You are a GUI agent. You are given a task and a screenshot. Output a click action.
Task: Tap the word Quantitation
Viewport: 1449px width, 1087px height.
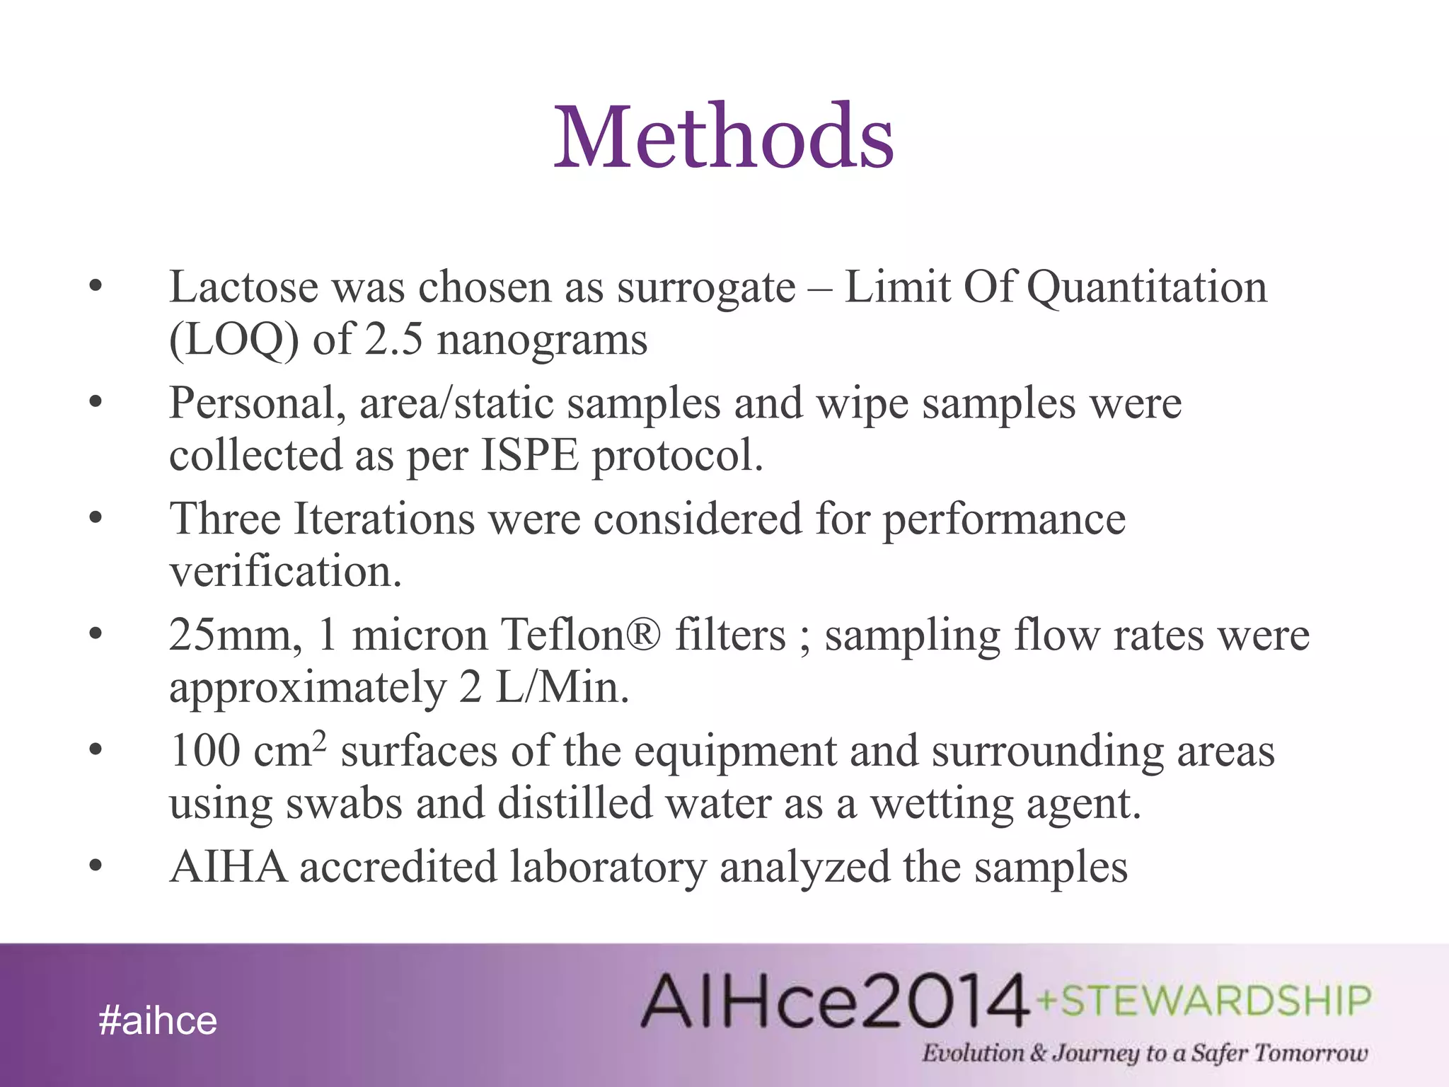click(x=1146, y=287)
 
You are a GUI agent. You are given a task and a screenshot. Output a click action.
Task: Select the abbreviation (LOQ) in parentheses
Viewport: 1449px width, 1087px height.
click(x=233, y=340)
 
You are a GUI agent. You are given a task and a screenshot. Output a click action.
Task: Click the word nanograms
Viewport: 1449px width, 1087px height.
click(x=542, y=340)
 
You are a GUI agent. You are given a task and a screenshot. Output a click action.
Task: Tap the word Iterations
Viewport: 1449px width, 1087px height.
click(x=383, y=519)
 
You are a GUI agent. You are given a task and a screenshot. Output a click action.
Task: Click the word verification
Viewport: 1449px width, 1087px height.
click(x=285, y=571)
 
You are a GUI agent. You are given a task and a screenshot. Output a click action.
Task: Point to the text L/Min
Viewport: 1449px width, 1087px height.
click(x=562, y=687)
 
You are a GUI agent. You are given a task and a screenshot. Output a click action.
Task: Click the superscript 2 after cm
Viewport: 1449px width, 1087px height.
click(x=320, y=740)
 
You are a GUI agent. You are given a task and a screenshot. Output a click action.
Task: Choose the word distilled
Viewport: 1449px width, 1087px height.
click(x=575, y=804)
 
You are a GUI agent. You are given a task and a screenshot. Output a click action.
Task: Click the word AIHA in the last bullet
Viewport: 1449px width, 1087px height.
click(x=229, y=867)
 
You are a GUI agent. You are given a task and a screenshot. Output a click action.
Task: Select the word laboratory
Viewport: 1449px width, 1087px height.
click(x=608, y=867)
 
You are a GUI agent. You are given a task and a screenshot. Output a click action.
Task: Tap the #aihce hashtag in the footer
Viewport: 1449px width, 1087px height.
click(x=158, y=1021)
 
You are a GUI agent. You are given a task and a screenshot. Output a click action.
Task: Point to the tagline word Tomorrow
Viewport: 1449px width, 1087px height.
click(x=1310, y=1053)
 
